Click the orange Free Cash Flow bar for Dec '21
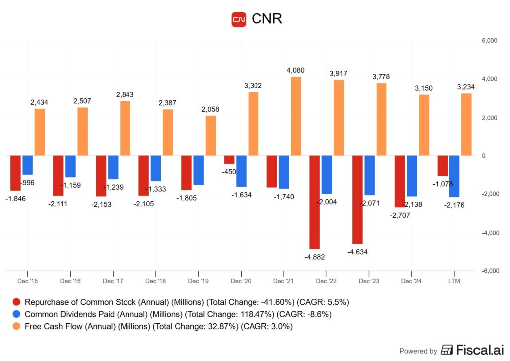tap(296, 116)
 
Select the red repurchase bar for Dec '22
tap(314, 202)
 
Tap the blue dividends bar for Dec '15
tap(27, 165)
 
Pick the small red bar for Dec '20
tap(229, 160)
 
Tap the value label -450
tap(229, 172)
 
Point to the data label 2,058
tap(210, 109)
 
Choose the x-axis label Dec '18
tap(155, 281)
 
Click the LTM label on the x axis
tap(454, 281)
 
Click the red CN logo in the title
tap(239, 19)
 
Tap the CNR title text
tap(267, 19)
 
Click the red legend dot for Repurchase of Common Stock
tap(16, 302)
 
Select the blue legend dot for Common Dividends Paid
tap(16, 314)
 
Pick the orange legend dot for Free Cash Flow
tap(16, 327)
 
